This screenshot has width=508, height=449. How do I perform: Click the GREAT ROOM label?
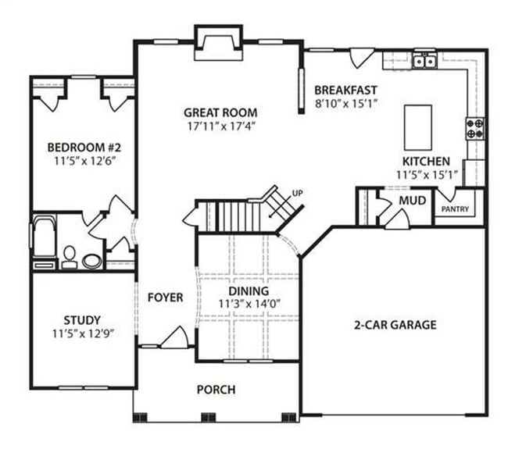220,112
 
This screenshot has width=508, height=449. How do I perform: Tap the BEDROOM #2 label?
80,148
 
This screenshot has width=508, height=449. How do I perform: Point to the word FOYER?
165,298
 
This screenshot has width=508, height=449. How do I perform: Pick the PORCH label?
216,390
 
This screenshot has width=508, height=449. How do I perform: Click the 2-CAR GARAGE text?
394,325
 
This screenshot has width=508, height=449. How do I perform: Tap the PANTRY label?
456,209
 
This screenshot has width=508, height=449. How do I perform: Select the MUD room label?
412,201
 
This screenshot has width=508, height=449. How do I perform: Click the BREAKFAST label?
346,90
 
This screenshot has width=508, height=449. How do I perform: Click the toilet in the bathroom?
69,255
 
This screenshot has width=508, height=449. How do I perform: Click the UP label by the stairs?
297,192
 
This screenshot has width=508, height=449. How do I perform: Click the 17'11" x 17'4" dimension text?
220,125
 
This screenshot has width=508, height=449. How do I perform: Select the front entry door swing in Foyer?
174,337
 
